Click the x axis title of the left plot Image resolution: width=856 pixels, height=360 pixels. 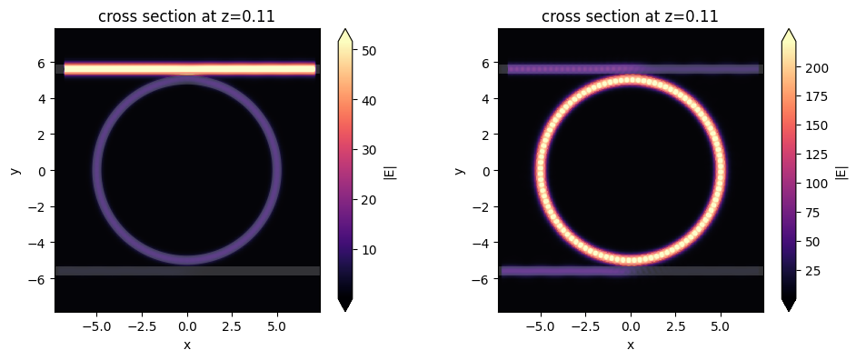click(x=187, y=345)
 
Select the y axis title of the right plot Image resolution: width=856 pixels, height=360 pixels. click(x=460, y=170)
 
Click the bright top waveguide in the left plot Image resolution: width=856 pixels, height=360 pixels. click(x=187, y=68)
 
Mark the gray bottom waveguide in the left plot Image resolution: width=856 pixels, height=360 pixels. click(x=187, y=270)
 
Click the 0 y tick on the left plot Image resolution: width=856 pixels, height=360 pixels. click(x=45, y=170)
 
